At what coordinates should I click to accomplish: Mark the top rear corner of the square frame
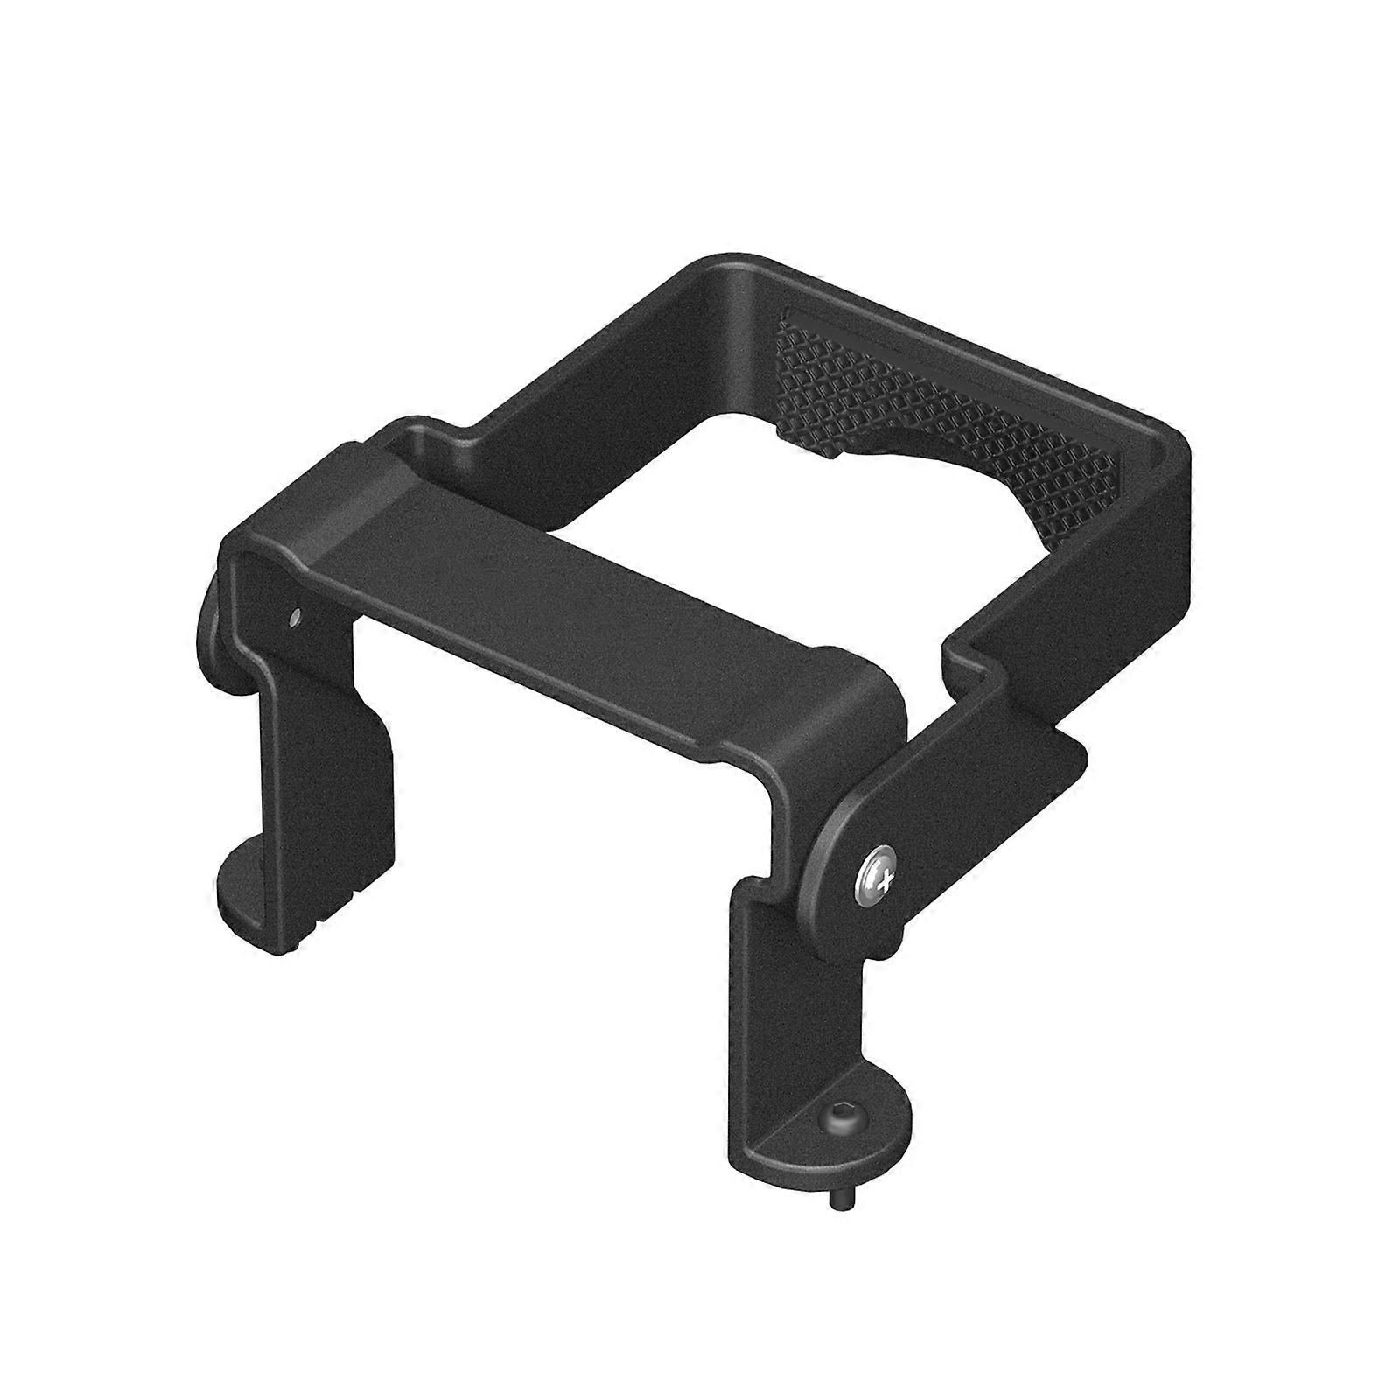coord(726,267)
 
